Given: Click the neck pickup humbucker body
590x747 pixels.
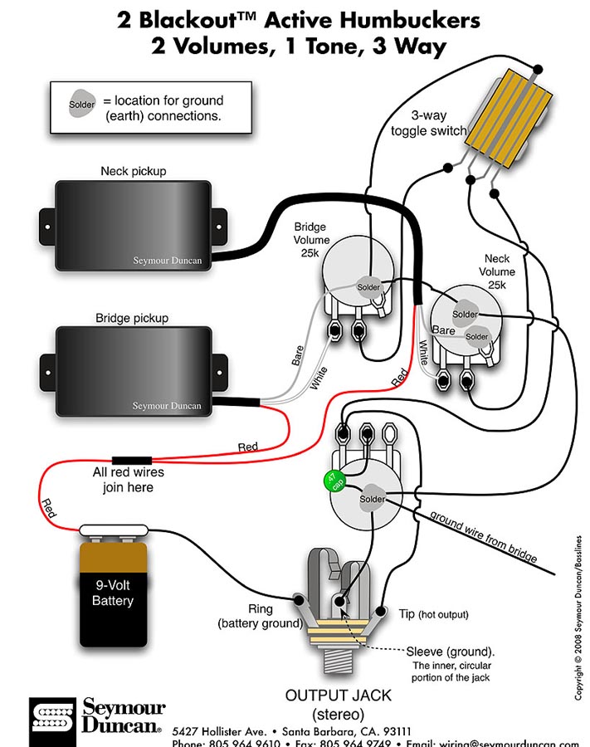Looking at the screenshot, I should point(132,224).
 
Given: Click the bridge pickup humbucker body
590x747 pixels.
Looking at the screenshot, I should point(132,372).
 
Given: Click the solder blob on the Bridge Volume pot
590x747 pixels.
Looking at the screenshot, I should point(368,287).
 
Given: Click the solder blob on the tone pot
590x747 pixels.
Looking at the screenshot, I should point(372,499).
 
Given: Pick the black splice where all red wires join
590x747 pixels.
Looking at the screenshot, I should point(132,459).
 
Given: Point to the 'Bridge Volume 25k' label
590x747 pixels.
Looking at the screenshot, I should point(310,239).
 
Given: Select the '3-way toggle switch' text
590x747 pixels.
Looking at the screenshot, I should point(429,124).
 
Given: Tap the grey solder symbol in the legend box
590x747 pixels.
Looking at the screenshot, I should point(82,105).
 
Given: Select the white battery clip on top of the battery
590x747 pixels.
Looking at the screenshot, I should point(113,530).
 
